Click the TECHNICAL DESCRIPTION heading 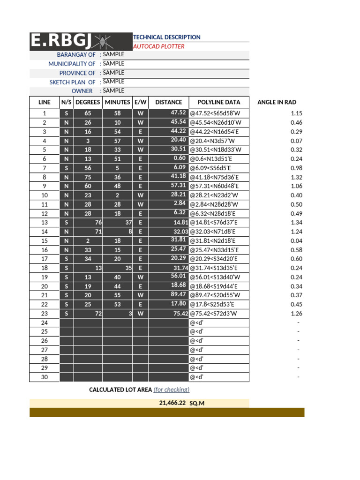point(167,37)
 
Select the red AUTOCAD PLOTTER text point(159,46)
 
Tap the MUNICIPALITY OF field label point(72,64)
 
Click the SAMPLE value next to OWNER point(113,90)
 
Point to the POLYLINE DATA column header point(219,102)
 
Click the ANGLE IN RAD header point(277,102)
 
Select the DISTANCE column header point(169,102)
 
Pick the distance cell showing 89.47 point(179,294)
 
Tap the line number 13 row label point(45,222)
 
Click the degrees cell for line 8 point(88,177)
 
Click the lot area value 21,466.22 point(173,403)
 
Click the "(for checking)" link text point(172,390)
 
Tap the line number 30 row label point(45,377)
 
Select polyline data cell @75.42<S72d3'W point(214,313)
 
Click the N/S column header point(66,102)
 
